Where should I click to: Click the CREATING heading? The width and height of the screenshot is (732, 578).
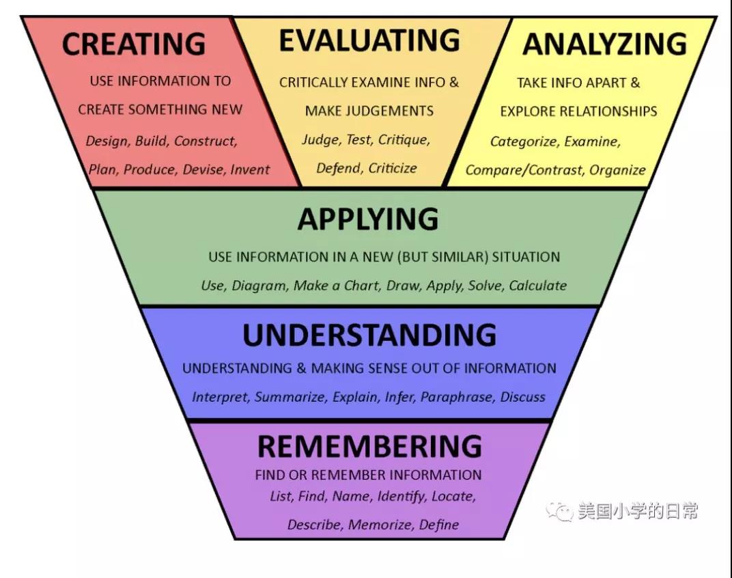pyautogui.click(x=134, y=44)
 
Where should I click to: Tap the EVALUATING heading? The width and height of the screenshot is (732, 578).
pyautogui.click(x=369, y=42)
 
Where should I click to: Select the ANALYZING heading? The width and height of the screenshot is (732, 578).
pyautogui.click(x=604, y=44)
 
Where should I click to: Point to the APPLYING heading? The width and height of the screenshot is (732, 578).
pyautogui.click(x=368, y=219)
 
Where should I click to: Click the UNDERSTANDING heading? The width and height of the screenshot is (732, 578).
pyautogui.click(x=369, y=335)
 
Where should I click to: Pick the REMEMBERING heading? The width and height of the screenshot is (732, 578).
pyautogui.click(x=369, y=447)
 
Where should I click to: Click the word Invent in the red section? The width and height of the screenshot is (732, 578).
pyautogui.click(x=250, y=169)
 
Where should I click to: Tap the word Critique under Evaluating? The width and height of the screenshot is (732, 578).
pyautogui.click(x=404, y=140)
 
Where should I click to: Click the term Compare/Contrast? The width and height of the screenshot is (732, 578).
pyautogui.click(x=524, y=170)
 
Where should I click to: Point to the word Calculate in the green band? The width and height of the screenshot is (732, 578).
pyautogui.click(x=537, y=286)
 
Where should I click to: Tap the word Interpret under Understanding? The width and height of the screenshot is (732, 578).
pyautogui.click(x=221, y=397)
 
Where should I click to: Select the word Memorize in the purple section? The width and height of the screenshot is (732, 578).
pyautogui.click(x=380, y=525)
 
